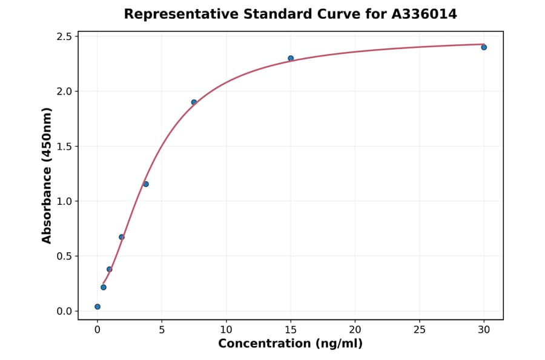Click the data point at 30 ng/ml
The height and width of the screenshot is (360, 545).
click(484, 47)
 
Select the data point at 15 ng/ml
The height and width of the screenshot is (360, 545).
click(291, 58)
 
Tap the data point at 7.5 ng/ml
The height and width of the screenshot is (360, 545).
click(194, 102)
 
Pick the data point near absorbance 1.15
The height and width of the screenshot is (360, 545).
click(146, 184)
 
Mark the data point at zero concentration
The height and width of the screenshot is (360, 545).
click(97, 307)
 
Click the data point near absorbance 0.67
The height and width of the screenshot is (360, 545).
click(122, 237)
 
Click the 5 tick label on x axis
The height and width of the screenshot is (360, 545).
click(162, 330)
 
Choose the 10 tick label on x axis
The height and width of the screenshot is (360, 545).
click(226, 330)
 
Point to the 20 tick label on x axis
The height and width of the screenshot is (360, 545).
click(355, 330)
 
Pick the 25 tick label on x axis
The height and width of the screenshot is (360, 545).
click(420, 330)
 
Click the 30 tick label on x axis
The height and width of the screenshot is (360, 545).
click(484, 330)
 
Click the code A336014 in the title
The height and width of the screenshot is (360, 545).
click(424, 14)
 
